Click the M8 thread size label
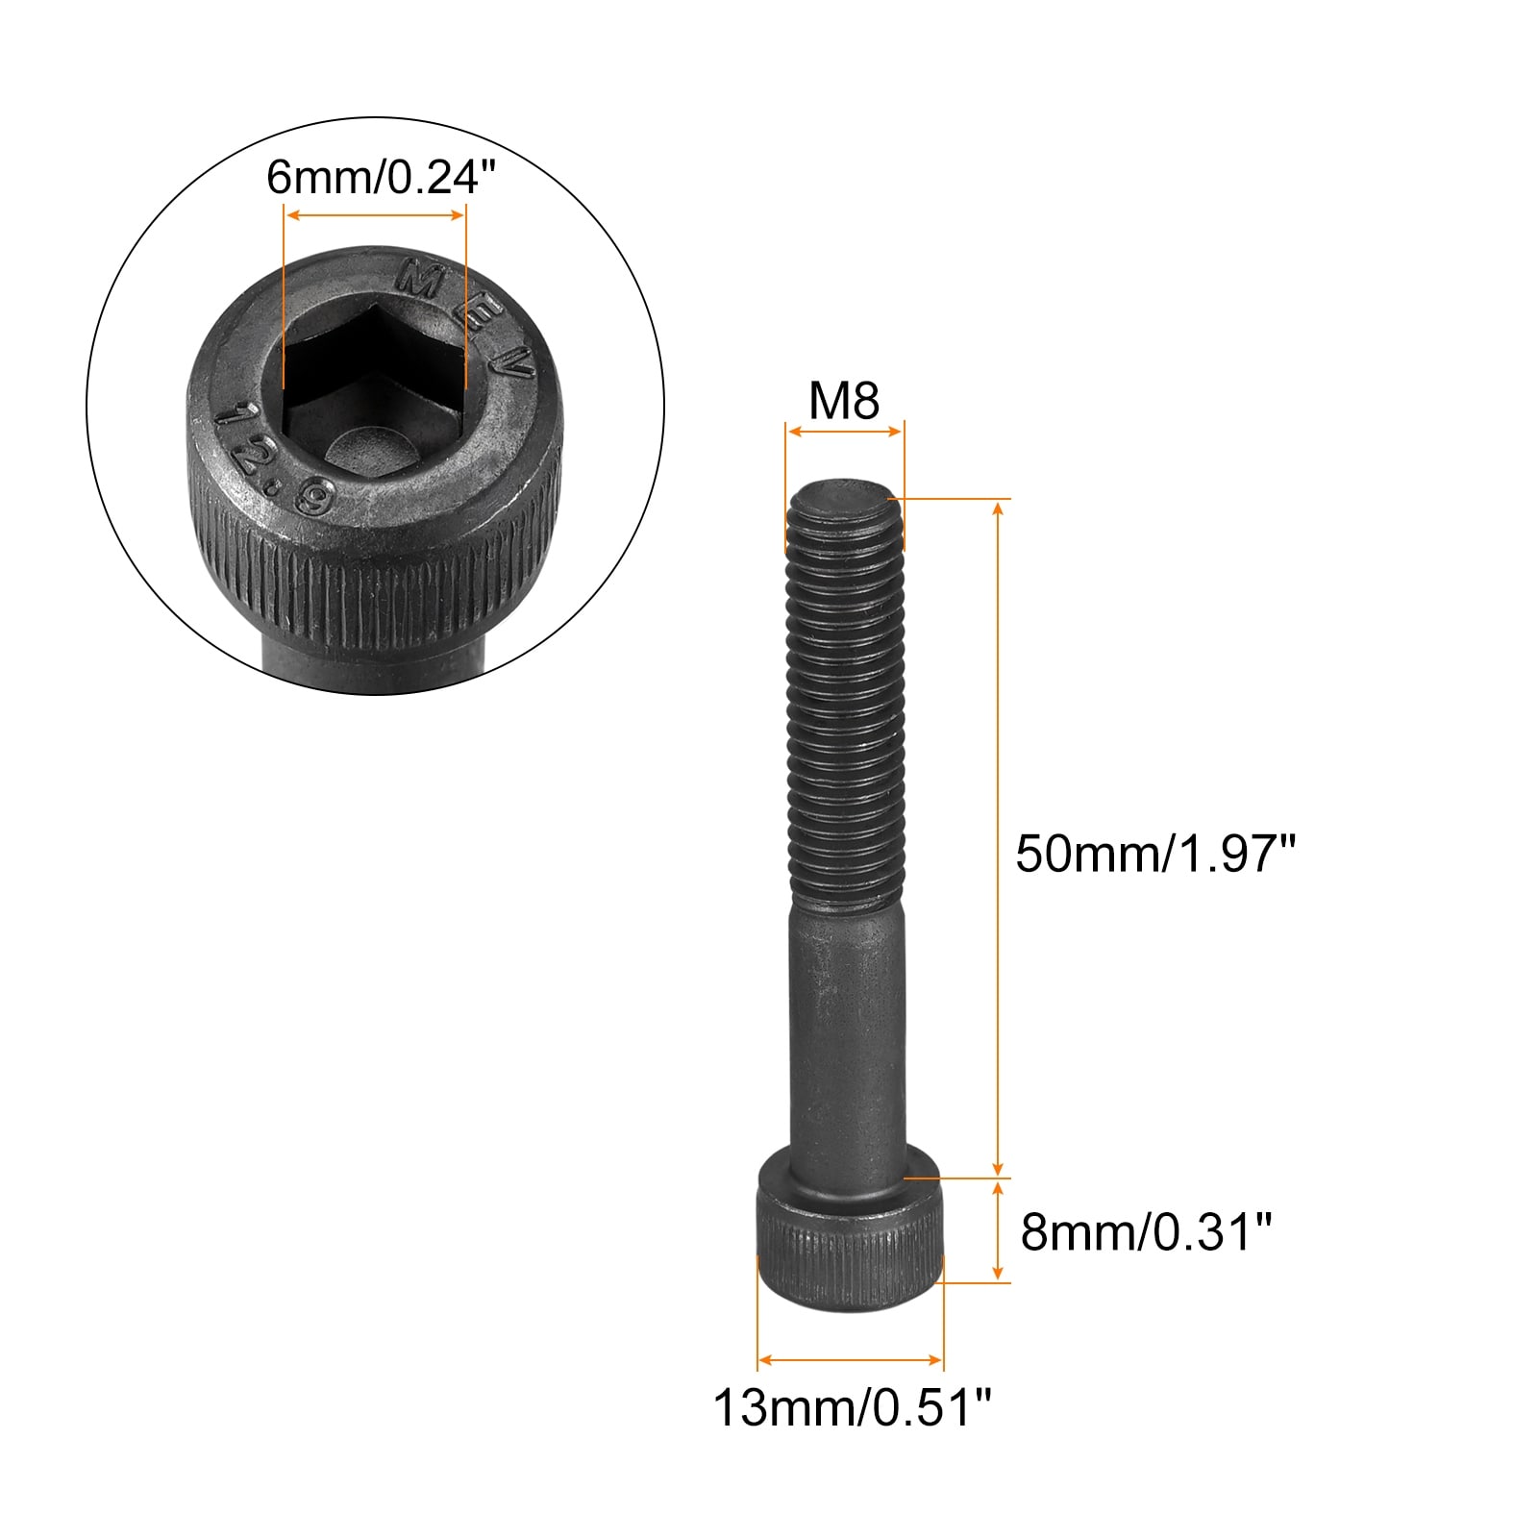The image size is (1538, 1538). (x=844, y=400)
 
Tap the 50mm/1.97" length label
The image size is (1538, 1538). (x=1156, y=852)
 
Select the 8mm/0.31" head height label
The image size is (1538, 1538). (x=1146, y=1231)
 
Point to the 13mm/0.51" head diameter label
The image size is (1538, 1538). (x=852, y=1408)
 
